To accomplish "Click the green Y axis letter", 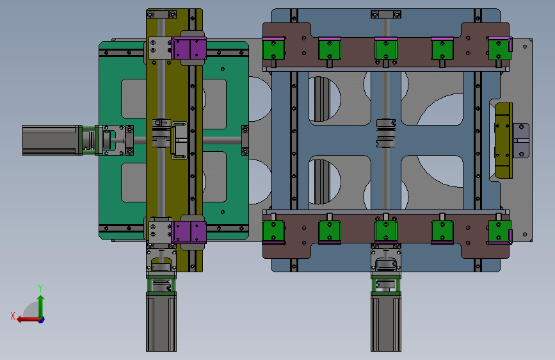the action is (40, 288).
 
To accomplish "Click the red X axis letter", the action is (13, 316).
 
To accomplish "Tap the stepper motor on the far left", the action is (52, 140).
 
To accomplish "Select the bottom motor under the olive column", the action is (161, 322).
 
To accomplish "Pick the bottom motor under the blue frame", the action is (386, 322).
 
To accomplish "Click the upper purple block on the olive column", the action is (189, 49).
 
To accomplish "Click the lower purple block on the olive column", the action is (189, 232).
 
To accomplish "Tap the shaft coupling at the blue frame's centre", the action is (386, 133).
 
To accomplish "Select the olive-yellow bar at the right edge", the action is (503, 141).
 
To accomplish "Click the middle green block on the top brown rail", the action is (386, 49).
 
